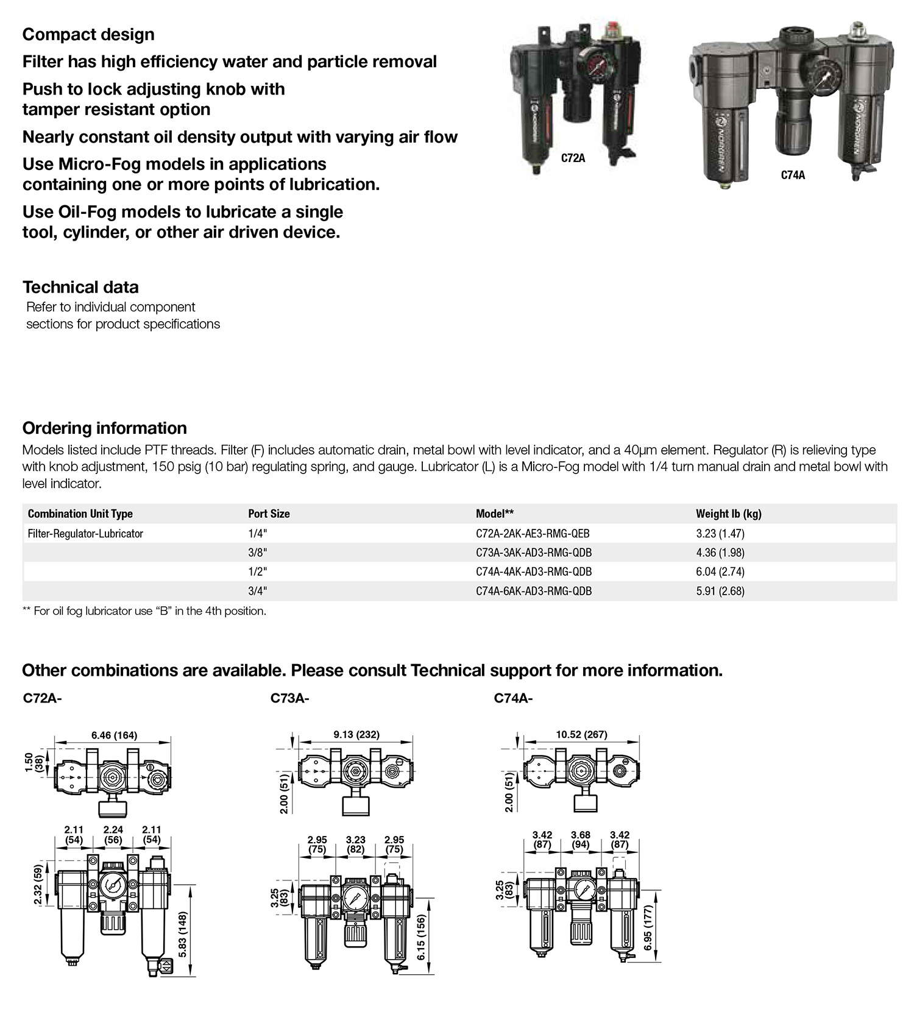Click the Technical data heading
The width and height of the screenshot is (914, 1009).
tap(80, 287)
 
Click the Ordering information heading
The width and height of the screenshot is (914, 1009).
tap(104, 428)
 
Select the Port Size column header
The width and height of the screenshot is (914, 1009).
tap(269, 514)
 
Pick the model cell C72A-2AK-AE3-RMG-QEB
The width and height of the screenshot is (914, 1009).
tap(532, 534)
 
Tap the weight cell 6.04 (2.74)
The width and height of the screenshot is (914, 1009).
tap(720, 572)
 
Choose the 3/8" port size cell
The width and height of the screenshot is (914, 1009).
tap(258, 553)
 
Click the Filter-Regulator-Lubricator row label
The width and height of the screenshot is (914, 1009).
tap(85, 534)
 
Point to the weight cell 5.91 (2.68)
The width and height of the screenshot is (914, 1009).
tap(720, 591)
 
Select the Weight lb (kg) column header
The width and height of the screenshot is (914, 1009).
tap(728, 514)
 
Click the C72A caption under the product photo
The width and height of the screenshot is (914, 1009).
tap(573, 158)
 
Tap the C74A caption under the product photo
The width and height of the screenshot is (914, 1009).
tap(793, 175)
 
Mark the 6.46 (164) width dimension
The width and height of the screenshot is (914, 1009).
tap(115, 735)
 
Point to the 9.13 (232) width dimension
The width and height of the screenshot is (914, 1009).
tap(356, 734)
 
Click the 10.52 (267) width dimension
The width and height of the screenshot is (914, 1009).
tap(581, 734)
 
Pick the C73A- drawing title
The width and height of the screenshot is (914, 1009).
tap(289, 698)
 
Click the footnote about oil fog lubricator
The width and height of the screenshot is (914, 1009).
tap(144, 611)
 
